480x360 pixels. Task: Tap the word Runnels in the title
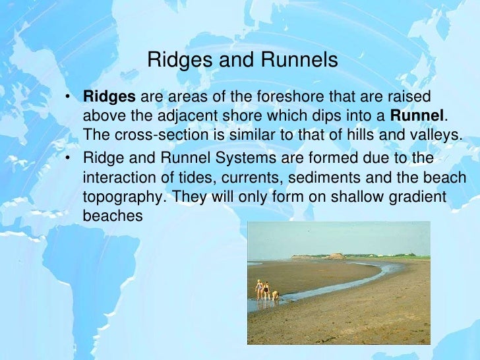[x=301, y=61]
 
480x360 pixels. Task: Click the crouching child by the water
[x=276, y=295]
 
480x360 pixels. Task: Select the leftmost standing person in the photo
[x=258, y=289]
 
